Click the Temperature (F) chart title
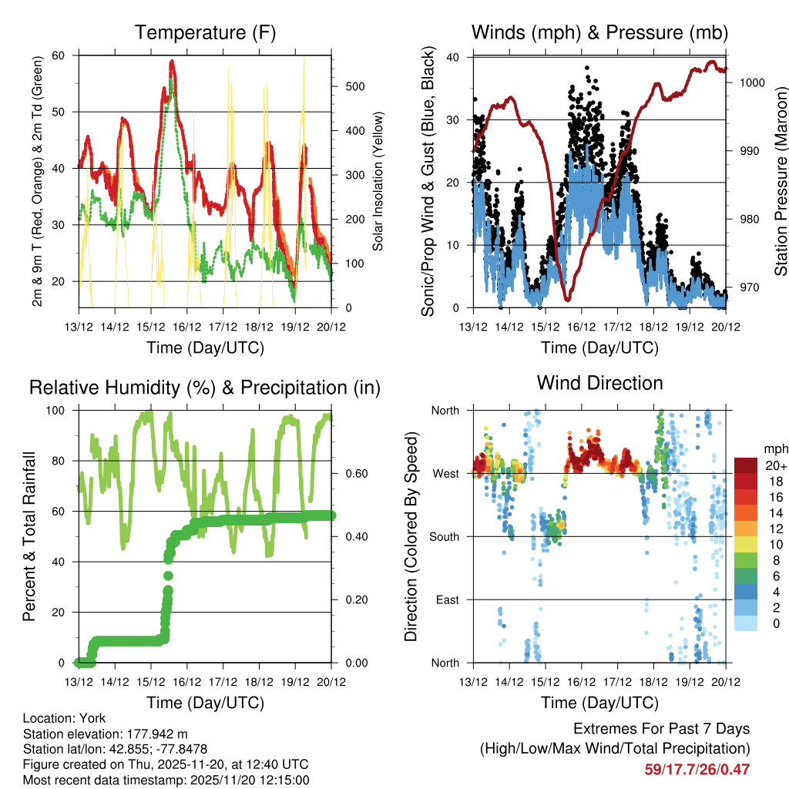[205, 33]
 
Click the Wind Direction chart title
[599, 382]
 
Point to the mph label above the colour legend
[774, 448]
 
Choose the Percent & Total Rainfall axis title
[30, 537]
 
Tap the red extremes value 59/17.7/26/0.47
[697, 769]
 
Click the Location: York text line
[65, 717]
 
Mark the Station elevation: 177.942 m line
[106, 734]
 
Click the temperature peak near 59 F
[173, 62]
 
